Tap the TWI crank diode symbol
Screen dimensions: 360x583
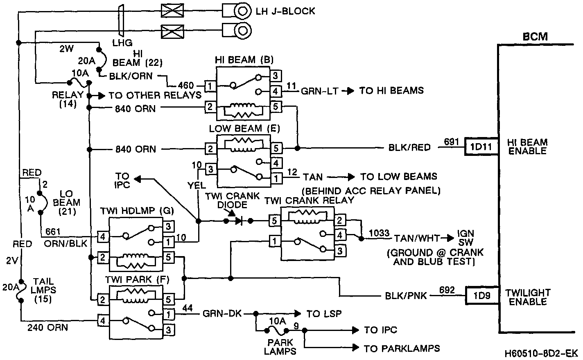238,221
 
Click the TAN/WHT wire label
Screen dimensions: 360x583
418,238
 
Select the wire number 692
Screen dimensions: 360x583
447,290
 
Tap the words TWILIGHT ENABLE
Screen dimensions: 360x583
527,297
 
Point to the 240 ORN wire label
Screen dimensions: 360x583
47,327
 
